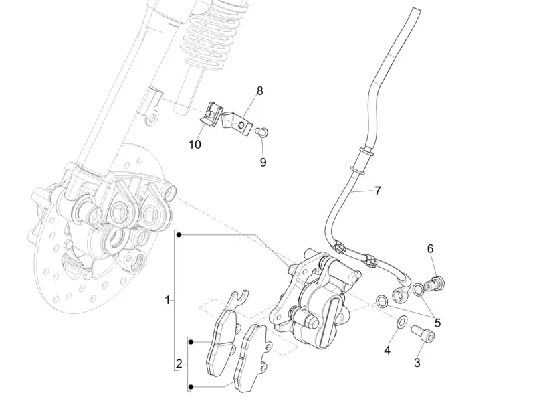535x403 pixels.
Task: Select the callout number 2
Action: coord(179,364)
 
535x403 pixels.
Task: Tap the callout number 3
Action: coord(417,363)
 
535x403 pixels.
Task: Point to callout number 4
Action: coord(387,349)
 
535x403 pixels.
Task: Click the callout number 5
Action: coord(437,322)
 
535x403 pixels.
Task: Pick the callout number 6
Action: coord(430,249)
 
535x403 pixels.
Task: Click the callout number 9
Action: coord(263,161)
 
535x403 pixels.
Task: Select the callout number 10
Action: coord(194,145)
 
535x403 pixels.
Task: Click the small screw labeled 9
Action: coord(263,131)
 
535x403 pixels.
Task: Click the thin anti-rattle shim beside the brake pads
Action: coord(231,313)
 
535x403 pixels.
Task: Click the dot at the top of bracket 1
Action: coord(179,234)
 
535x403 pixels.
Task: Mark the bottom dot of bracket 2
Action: coord(190,387)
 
